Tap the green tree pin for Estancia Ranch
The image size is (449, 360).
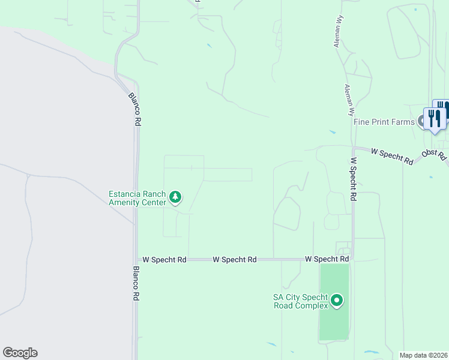click(175, 197)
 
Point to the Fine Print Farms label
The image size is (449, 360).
click(384, 122)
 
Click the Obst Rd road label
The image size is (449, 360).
click(434, 155)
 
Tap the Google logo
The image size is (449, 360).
click(20, 353)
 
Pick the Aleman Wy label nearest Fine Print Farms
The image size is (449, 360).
click(348, 100)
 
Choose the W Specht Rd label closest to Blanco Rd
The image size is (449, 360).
click(164, 260)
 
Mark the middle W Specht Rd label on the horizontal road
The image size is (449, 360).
click(235, 260)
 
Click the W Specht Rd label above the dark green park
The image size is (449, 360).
click(327, 259)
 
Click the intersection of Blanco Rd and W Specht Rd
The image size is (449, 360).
click(136, 260)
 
